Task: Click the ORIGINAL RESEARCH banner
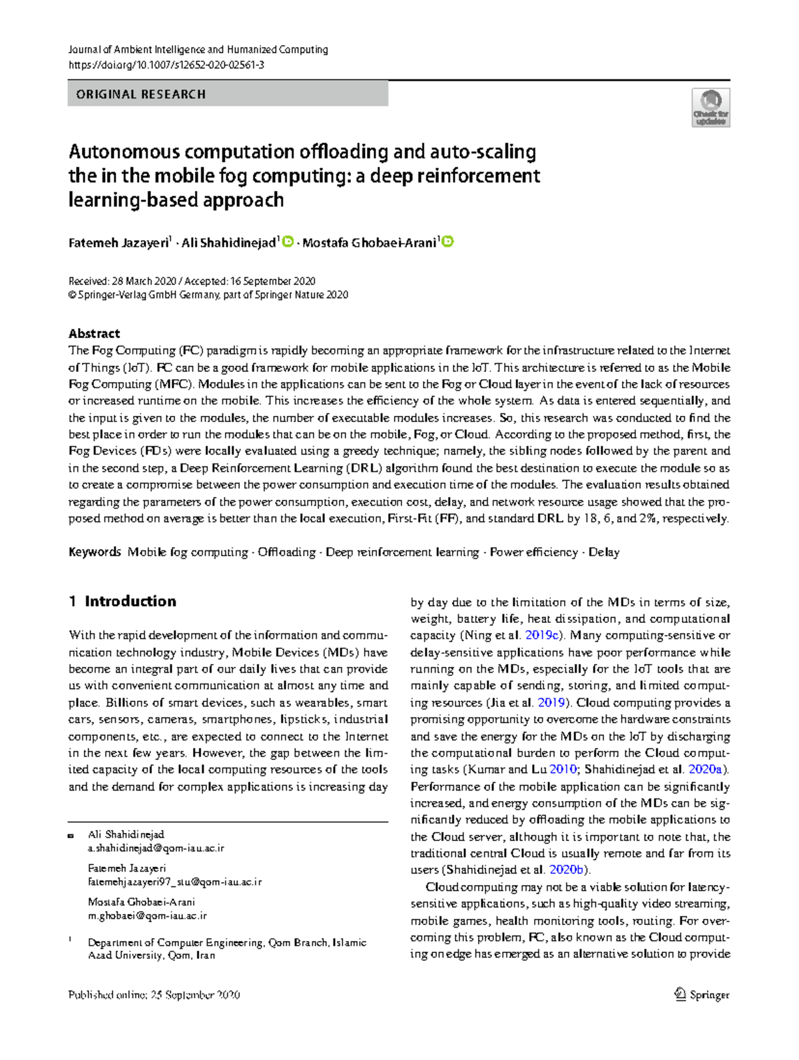(227, 94)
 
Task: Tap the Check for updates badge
(710, 108)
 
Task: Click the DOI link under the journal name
(166, 65)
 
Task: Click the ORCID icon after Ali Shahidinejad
(288, 242)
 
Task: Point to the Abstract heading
(94, 333)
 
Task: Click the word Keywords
(95, 552)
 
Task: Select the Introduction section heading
(130, 602)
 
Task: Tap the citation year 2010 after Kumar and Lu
(563, 770)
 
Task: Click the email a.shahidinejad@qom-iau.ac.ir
(156, 848)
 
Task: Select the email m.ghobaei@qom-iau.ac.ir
(147, 916)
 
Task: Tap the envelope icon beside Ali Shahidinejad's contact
(71, 835)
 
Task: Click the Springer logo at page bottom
(702, 995)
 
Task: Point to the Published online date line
(154, 995)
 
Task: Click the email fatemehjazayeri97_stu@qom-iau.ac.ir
(174, 882)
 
